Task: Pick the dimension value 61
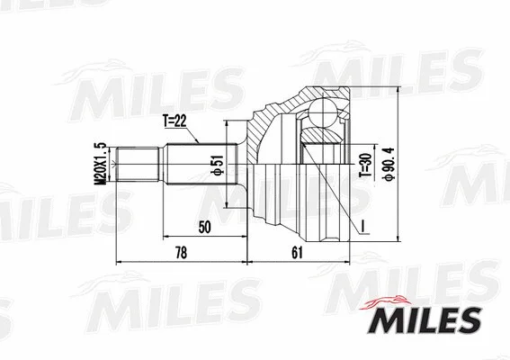[297, 254]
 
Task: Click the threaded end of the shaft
[140, 167]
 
